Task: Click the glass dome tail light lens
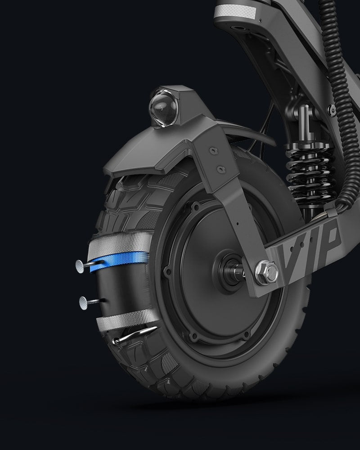[x=163, y=108]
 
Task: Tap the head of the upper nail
[x=80, y=266]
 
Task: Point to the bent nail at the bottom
[x=135, y=335]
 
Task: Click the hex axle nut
[x=267, y=272]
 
